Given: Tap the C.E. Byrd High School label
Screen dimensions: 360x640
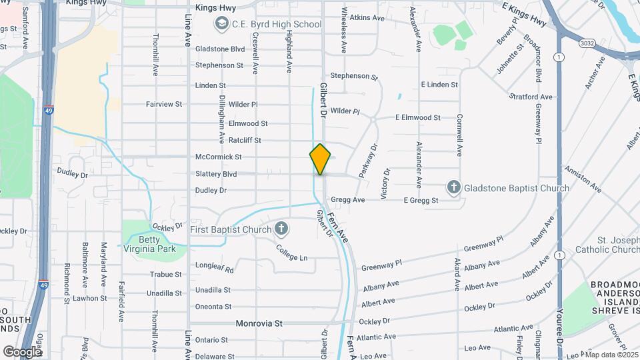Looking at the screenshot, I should (277, 25).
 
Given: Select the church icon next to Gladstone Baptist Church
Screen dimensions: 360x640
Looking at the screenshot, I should (453, 187).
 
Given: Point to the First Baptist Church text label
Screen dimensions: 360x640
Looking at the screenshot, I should (231, 230).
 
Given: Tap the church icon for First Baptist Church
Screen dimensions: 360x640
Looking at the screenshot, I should (281, 230).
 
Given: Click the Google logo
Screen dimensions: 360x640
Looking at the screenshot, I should (22, 351).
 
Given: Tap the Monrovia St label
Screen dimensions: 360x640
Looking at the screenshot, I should (260, 323).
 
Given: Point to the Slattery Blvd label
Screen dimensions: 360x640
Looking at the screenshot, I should (216, 174).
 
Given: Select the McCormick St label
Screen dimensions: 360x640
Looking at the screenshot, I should (218, 157).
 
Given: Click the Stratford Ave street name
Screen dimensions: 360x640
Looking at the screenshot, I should (531, 97).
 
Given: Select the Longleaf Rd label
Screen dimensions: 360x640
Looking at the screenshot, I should (215, 268).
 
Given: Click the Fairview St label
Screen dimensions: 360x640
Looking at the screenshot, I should (164, 104).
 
